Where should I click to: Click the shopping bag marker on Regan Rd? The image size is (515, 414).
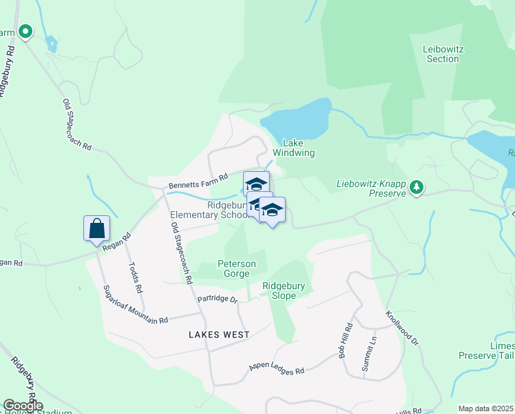tap(96, 228)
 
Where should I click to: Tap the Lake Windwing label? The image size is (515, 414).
tap(294, 148)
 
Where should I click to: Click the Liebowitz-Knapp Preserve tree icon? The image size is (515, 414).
tap(416, 186)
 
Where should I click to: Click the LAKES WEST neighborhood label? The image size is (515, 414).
tap(219, 334)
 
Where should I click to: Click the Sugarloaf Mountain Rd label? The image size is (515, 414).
tap(135, 305)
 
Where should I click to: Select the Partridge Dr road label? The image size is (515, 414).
tap(217, 299)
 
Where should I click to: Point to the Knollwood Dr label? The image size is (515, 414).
tap(402, 327)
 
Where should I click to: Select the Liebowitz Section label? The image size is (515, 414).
tap(443, 53)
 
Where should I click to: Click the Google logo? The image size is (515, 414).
tap(22, 406)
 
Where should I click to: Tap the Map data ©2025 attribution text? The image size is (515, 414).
tap(485, 408)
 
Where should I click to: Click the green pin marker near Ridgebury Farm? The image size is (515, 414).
tap(25, 32)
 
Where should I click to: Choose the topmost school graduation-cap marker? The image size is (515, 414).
tap(256, 184)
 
